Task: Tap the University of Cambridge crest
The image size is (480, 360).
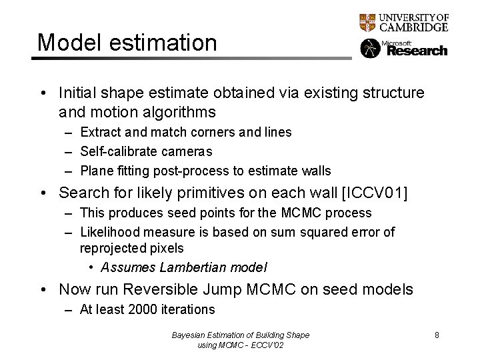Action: [x=367, y=23]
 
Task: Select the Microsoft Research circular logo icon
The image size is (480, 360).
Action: [x=370, y=49]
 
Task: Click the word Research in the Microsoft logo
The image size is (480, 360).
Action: [x=417, y=51]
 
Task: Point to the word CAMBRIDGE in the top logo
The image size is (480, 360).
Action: [x=413, y=27]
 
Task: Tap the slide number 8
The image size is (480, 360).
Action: [x=437, y=335]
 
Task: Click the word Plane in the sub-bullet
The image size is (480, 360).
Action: [x=95, y=171]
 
